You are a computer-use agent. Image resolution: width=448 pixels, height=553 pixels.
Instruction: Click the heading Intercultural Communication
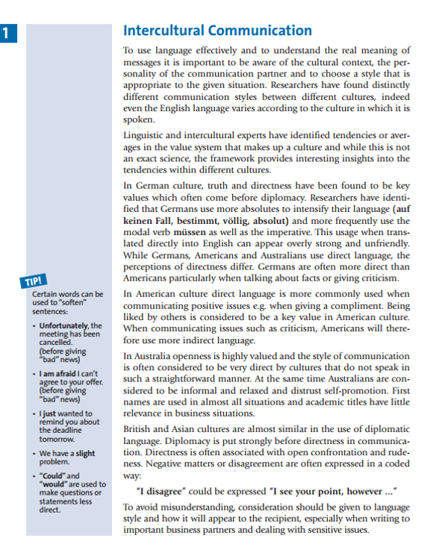(x=217, y=31)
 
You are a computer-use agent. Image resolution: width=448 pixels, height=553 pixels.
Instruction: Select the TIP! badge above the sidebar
(x=35, y=281)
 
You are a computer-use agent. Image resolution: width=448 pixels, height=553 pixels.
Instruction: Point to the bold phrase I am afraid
(x=60, y=372)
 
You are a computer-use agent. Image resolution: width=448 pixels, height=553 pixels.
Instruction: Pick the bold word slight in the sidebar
(x=86, y=453)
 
